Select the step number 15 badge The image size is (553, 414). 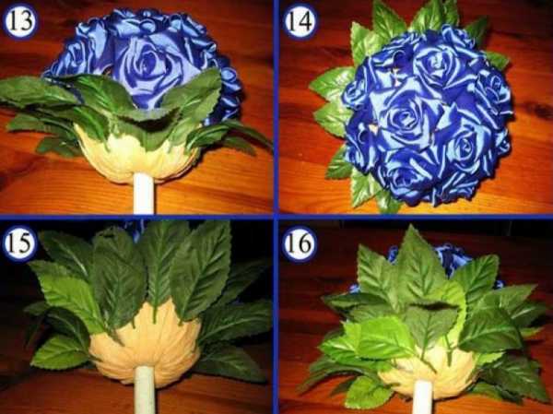pyautogui.click(x=20, y=244)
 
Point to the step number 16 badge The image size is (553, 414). pyautogui.click(x=299, y=244)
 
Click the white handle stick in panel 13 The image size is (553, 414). pyautogui.click(x=144, y=194)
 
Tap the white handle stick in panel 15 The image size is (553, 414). pyautogui.click(x=145, y=390)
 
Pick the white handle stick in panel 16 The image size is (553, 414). pyautogui.click(x=422, y=397)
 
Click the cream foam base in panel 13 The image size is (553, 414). pyautogui.click(x=135, y=155)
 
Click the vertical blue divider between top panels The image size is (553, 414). pyautogui.click(x=276, y=107)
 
